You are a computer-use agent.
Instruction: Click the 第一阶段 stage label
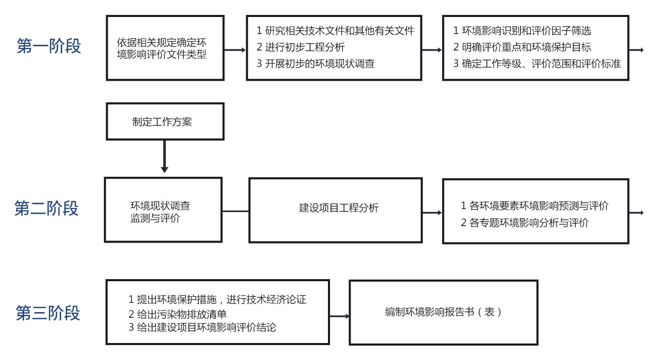coord(49,46)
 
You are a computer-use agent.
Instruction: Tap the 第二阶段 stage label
coord(46,209)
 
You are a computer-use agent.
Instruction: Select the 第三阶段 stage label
coord(48,313)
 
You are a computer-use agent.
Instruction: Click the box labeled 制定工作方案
coord(165,121)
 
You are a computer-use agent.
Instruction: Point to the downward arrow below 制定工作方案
coord(164,156)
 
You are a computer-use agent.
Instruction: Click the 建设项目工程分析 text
coord(339,208)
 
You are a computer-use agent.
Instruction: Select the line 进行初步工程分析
coord(300,47)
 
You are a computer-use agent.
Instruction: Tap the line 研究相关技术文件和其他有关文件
coord(335,30)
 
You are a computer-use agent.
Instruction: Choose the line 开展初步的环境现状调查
coord(316,63)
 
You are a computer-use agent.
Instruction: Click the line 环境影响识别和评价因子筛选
coord(522,30)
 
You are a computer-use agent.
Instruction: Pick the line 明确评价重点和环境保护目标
coord(522,47)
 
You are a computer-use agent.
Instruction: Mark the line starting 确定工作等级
coord(537,63)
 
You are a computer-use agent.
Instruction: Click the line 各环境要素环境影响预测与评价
coord(534,206)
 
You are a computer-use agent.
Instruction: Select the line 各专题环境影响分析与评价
coord(525,223)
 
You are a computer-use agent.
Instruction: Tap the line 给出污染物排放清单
coord(178,314)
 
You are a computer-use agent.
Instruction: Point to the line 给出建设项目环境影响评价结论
coord(202,328)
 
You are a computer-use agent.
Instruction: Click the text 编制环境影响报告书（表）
coord(443,312)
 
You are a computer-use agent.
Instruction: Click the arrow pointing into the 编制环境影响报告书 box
coord(339,316)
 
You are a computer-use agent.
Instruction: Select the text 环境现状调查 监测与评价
coord(160,212)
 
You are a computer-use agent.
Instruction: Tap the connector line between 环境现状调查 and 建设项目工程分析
coord(235,211)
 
